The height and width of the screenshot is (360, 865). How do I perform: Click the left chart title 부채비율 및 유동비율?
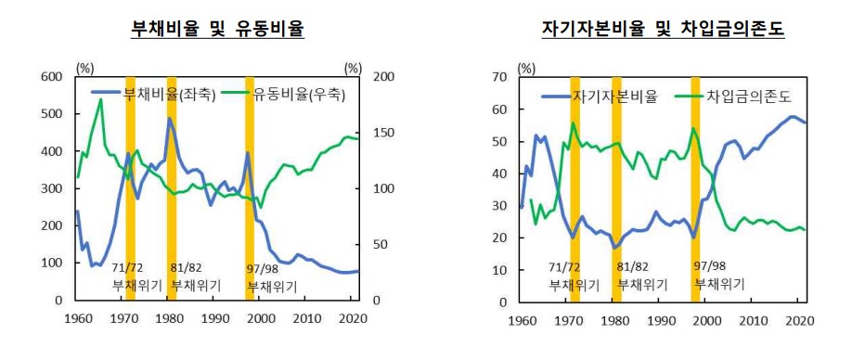click(218, 30)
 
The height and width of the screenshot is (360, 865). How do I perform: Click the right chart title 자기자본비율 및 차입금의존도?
click(663, 30)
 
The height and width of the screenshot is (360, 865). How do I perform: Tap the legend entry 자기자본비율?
click(600, 96)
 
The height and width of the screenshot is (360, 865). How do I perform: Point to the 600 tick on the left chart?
click(53, 76)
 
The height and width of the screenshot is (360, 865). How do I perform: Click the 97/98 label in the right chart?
click(712, 266)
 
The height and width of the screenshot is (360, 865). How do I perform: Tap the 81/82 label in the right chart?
click(631, 266)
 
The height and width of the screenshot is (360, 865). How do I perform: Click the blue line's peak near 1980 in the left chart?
click(170, 119)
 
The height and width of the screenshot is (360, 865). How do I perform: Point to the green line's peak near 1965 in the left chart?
click(100, 99)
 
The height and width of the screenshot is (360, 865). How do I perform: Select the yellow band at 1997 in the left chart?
click(250, 186)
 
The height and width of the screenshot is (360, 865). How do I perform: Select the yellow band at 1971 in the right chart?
click(575, 186)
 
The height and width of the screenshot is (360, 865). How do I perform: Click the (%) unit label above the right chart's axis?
click(526, 68)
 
